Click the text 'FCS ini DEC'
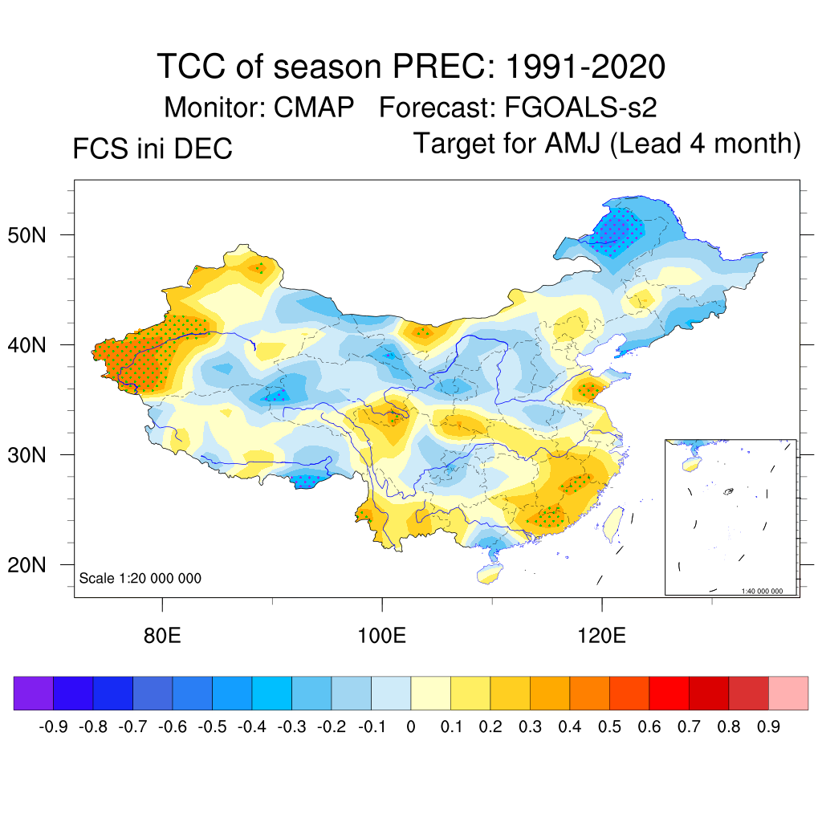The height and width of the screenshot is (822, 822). [x=153, y=149]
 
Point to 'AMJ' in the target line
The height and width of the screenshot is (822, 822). [x=573, y=144]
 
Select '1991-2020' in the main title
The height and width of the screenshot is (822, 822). [x=584, y=67]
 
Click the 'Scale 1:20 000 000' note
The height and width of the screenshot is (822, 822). [x=140, y=578]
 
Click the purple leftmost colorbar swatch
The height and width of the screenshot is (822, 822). [x=34, y=693]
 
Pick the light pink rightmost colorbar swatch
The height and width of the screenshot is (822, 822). [x=788, y=693]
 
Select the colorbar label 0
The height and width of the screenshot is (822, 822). [x=411, y=727]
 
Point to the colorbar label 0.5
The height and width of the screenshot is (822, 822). [x=609, y=727]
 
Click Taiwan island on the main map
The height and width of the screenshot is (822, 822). [x=612, y=523]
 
